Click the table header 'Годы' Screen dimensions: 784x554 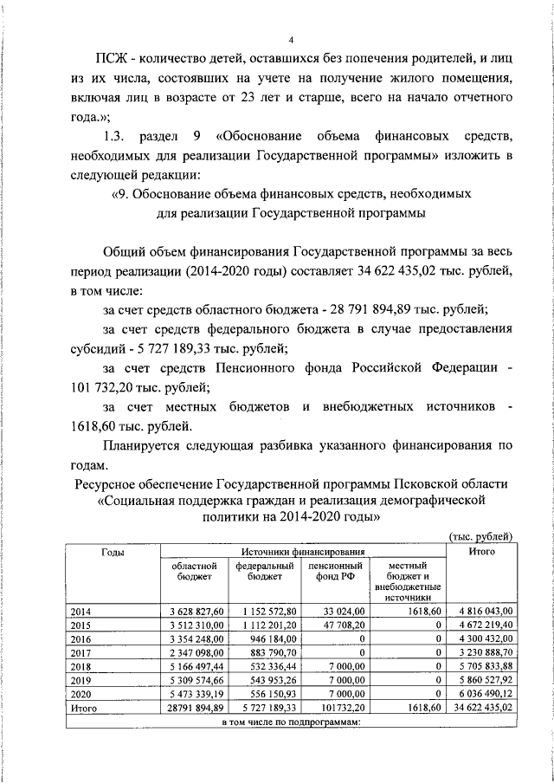coord(112,552)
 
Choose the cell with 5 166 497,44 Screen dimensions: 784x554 coord(198,666)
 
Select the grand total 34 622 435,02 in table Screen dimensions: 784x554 coord(480,708)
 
